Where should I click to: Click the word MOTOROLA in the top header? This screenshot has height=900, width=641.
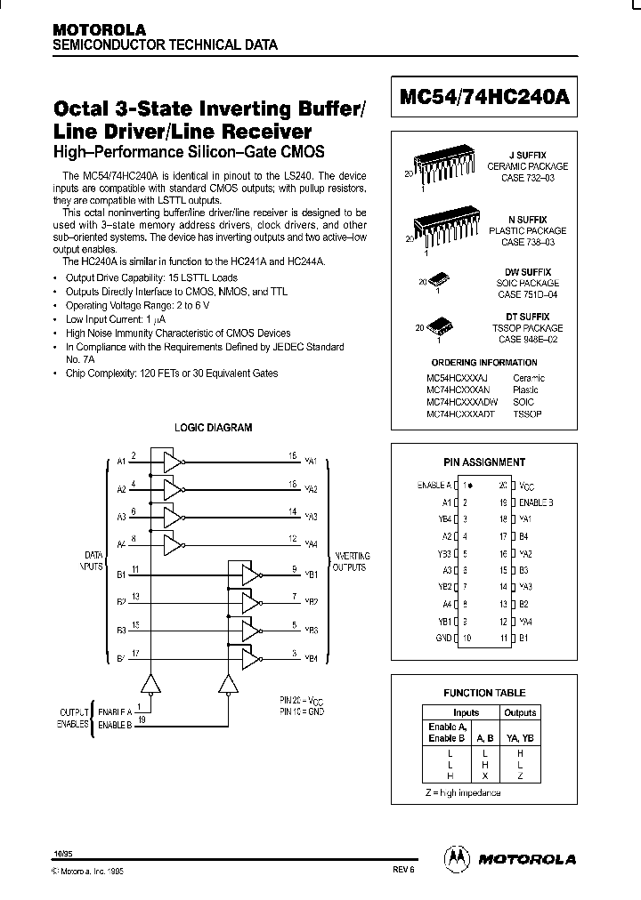(99, 29)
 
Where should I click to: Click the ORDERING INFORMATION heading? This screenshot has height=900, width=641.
(483, 363)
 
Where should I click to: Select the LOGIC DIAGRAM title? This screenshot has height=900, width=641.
(213, 428)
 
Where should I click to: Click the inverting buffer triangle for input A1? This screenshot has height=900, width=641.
(171, 461)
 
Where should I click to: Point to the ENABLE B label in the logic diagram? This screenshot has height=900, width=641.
(115, 726)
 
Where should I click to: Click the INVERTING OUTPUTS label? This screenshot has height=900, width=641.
(350, 561)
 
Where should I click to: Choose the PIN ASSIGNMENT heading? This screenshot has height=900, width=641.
(484, 462)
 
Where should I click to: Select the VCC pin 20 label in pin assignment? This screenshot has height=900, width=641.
(527, 486)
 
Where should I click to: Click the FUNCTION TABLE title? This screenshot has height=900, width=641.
(484, 693)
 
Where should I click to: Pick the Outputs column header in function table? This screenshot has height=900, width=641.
(520, 712)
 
